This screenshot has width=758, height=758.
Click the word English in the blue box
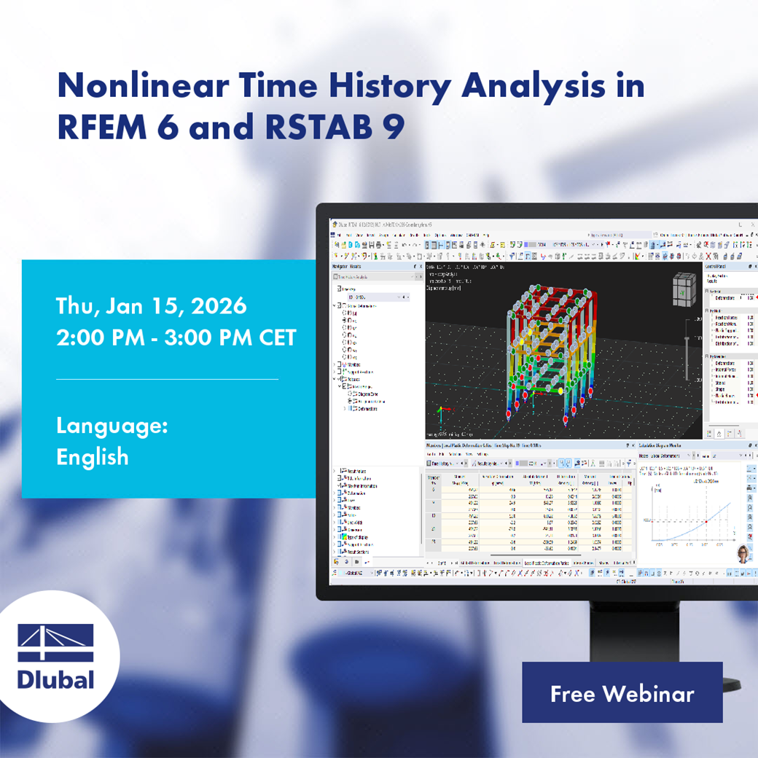(x=93, y=457)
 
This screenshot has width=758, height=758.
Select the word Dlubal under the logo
(x=56, y=680)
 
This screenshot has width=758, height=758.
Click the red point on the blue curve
(x=706, y=522)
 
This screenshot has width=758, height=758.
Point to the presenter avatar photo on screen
(x=743, y=552)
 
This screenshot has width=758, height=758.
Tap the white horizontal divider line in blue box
(x=167, y=379)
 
